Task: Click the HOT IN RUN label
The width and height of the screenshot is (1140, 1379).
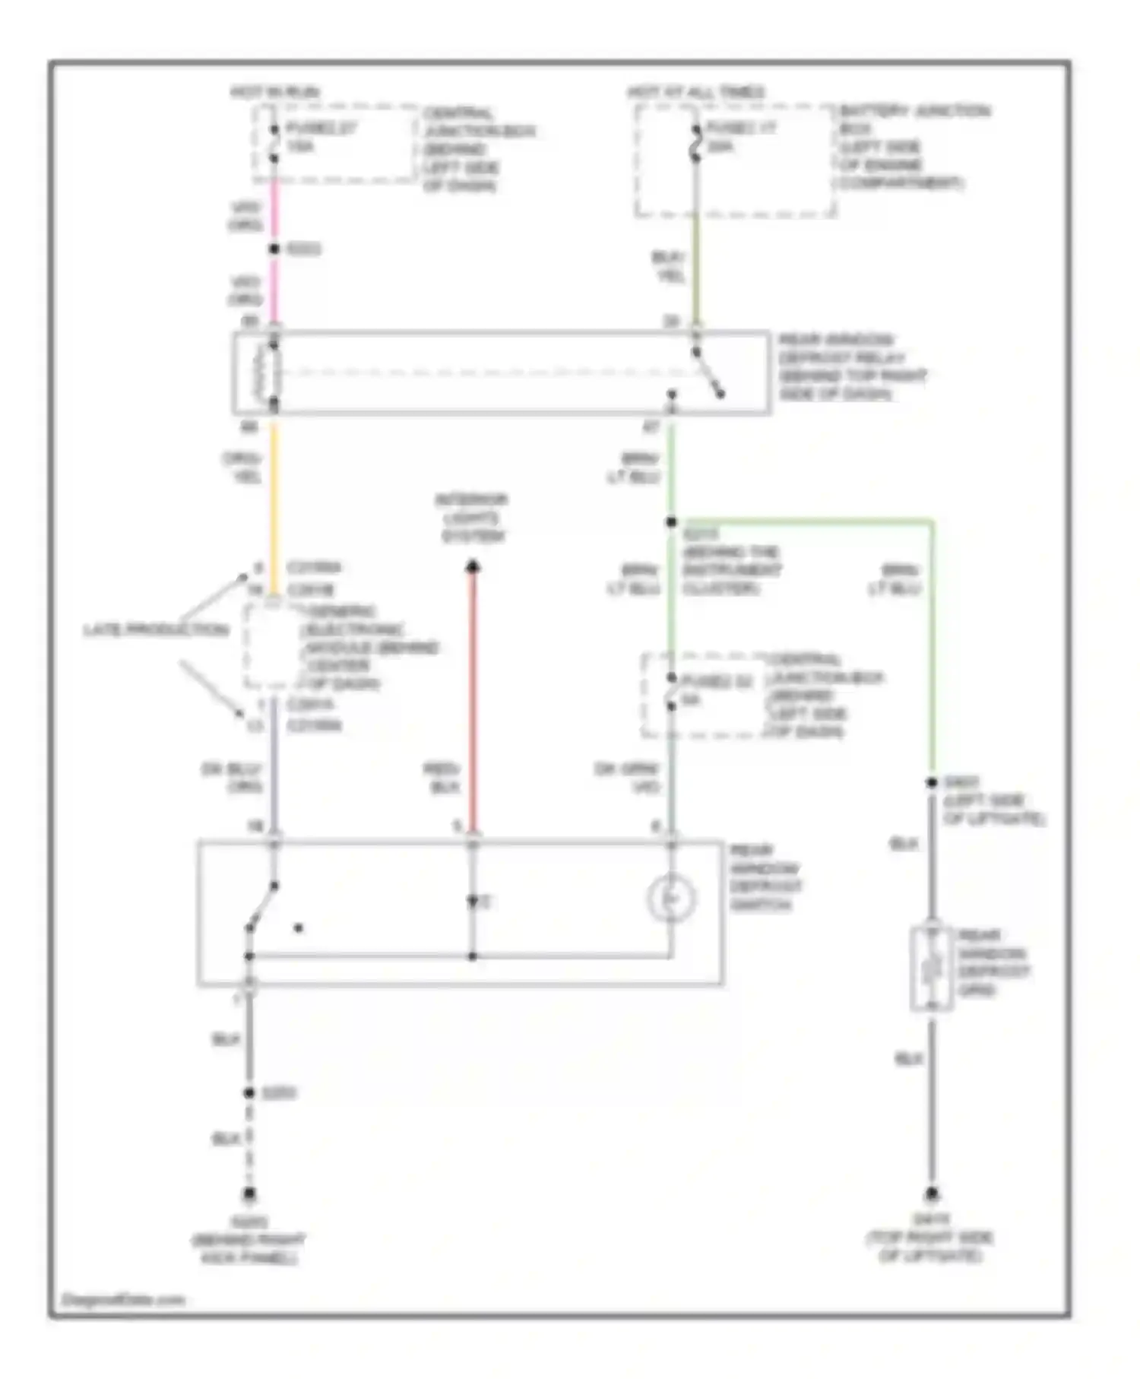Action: pyautogui.click(x=275, y=92)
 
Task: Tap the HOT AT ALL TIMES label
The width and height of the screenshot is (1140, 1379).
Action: pyautogui.click(x=695, y=92)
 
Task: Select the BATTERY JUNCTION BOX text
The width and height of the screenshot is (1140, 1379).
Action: pyautogui.click(x=914, y=119)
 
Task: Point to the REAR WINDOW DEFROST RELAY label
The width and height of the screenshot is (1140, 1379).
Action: pyautogui.click(x=851, y=366)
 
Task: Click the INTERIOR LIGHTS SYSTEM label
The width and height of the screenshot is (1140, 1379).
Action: pyautogui.click(x=472, y=518)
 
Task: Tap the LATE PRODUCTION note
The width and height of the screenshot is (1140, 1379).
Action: pyautogui.click(x=156, y=630)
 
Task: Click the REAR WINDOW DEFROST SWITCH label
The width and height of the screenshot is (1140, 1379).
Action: pyautogui.click(x=765, y=878)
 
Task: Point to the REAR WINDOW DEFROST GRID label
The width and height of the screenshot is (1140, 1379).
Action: pyautogui.click(x=993, y=963)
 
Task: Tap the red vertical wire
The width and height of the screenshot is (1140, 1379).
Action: pyautogui.click(x=473, y=699)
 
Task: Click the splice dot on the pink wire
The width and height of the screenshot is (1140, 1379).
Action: pyautogui.click(x=274, y=249)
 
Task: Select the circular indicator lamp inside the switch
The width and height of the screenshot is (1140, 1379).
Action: pyautogui.click(x=671, y=899)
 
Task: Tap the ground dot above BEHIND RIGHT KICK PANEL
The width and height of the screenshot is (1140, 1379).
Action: pyautogui.click(x=249, y=1194)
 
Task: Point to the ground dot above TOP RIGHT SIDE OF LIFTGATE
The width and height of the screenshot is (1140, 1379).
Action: pyautogui.click(x=932, y=1194)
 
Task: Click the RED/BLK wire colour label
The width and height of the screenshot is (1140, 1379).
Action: pyautogui.click(x=442, y=778)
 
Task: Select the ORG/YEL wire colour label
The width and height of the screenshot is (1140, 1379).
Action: pyautogui.click(x=242, y=468)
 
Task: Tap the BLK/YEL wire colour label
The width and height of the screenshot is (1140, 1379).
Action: pyautogui.click(x=669, y=267)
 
